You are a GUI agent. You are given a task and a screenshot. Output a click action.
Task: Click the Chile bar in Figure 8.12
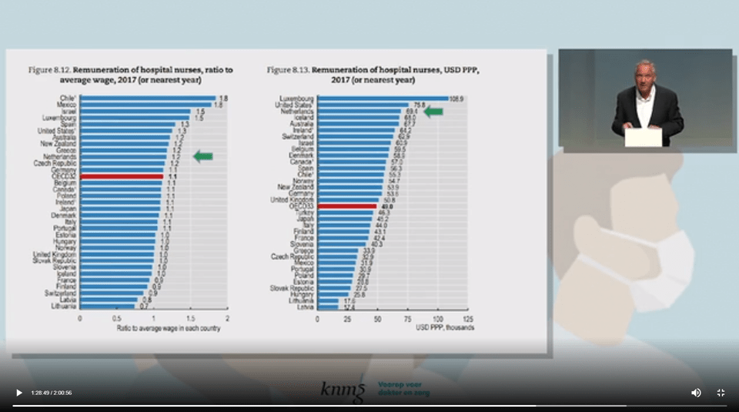tap(147, 98)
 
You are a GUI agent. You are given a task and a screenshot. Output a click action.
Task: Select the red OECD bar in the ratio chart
tap(122, 176)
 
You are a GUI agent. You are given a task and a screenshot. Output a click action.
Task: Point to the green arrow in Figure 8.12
tap(202, 156)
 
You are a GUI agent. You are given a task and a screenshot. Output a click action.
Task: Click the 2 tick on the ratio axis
tap(227, 317)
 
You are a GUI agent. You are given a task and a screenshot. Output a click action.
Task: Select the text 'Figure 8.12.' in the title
tap(49, 69)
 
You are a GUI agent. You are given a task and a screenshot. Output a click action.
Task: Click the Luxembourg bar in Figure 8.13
tap(382, 99)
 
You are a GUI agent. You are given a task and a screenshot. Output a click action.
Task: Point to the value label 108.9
tap(459, 99)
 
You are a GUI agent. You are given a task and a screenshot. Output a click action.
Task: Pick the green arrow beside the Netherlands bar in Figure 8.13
tap(433, 112)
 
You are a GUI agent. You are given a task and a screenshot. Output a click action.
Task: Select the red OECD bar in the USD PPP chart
tap(346, 206)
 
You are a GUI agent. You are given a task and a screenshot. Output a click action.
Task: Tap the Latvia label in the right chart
tap(306, 306)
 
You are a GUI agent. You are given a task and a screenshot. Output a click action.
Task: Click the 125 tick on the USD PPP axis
tap(466, 317)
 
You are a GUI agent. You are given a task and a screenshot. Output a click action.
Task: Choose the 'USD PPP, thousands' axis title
tap(445, 327)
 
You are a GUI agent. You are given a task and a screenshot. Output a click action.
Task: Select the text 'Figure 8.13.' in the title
tap(288, 69)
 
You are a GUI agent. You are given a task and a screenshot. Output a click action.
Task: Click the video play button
tap(19, 393)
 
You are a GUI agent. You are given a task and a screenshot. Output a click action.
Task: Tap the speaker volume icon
tap(696, 393)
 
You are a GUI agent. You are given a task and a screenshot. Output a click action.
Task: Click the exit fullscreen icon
tap(721, 393)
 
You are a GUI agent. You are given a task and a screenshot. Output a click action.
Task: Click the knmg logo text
tap(343, 390)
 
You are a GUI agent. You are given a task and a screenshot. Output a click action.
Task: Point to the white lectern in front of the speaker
tap(643, 137)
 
